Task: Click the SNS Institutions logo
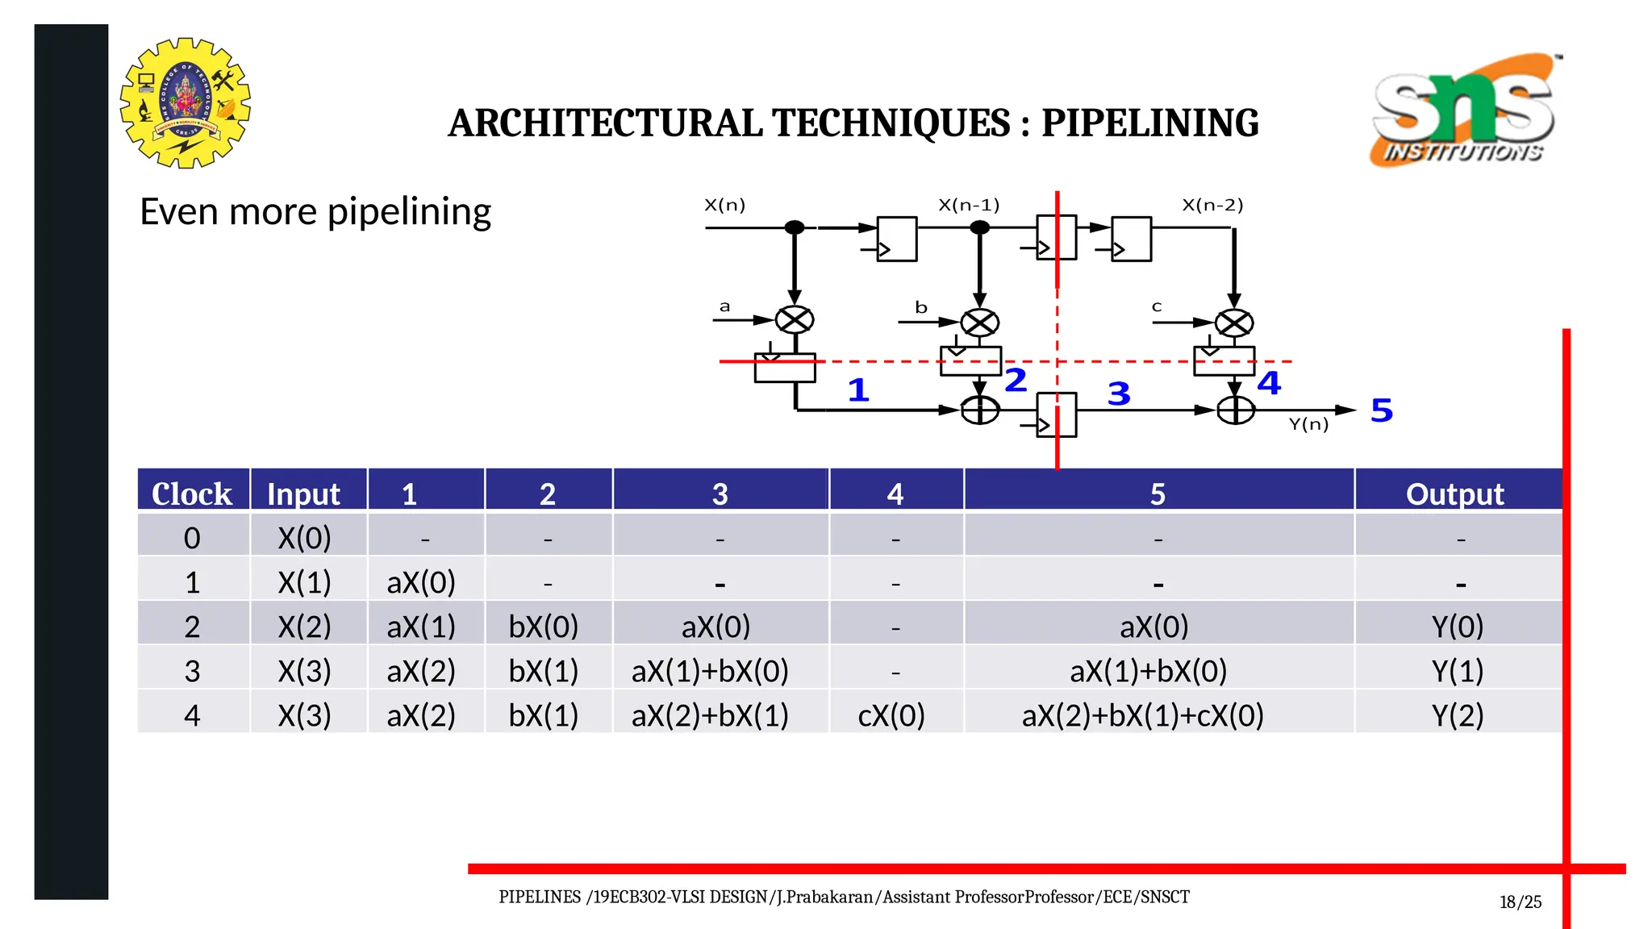[x=1463, y=110]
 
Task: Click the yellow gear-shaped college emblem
[x=186, y=103]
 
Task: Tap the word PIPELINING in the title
[x=1149, y=123]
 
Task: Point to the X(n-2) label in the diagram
[x=1212, y=205]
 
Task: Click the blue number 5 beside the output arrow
[x=1382, y=410]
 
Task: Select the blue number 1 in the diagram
[x=858, y=391]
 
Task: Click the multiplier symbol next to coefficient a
[x=795, y=320]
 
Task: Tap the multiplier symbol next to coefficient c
[x=1234, y=323]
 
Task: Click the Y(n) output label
[x=1308, y=424]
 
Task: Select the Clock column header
[x=192, y=494]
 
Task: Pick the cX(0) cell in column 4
[x=891, y=715]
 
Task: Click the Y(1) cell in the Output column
[x=1457, y=671]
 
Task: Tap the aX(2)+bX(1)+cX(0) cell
[x=1142, y=715]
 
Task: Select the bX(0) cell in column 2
[x=543, y=627]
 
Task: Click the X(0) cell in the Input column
[x=304, y=538]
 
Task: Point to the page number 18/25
[x=1520, y=902]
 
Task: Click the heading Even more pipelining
[x=315, y=212]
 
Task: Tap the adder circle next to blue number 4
[x=1235, y=410]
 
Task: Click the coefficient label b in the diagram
[x=921, y=307]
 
